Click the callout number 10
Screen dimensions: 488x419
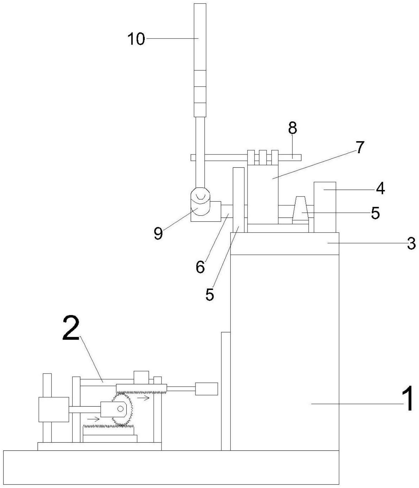coord(136,39)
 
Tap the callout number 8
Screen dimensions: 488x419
coord(292,128)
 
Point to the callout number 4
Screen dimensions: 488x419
coord(380,189)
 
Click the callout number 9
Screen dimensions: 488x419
coord(158,233)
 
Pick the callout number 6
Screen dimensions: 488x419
coord(200,267)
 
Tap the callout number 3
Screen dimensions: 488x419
coord(411,243)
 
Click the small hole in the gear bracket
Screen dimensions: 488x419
coord(121,409)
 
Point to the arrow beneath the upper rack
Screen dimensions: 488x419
coord(143,398)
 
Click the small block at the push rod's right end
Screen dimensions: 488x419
coord(206,389)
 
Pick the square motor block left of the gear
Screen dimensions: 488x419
coord(54,409)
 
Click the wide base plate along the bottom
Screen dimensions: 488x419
coord(171,467)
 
